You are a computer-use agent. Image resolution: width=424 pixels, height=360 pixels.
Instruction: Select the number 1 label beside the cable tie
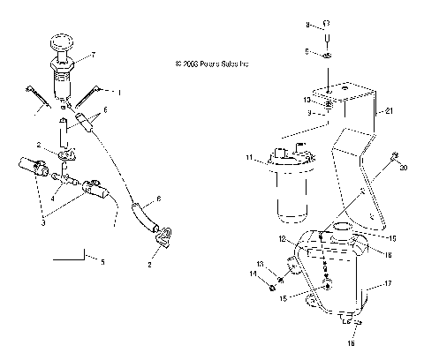tap(120, 91)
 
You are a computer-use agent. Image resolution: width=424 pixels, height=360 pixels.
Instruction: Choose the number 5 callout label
tap(102, 263)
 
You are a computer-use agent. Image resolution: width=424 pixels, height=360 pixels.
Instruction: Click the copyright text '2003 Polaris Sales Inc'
tap(213, 64)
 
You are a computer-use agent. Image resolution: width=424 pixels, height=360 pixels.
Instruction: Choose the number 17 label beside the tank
tap(384, 284)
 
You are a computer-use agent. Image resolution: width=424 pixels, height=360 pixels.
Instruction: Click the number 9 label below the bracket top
tap(310, 114)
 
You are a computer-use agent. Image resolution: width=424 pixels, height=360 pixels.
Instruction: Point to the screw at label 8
tap(326, 35)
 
